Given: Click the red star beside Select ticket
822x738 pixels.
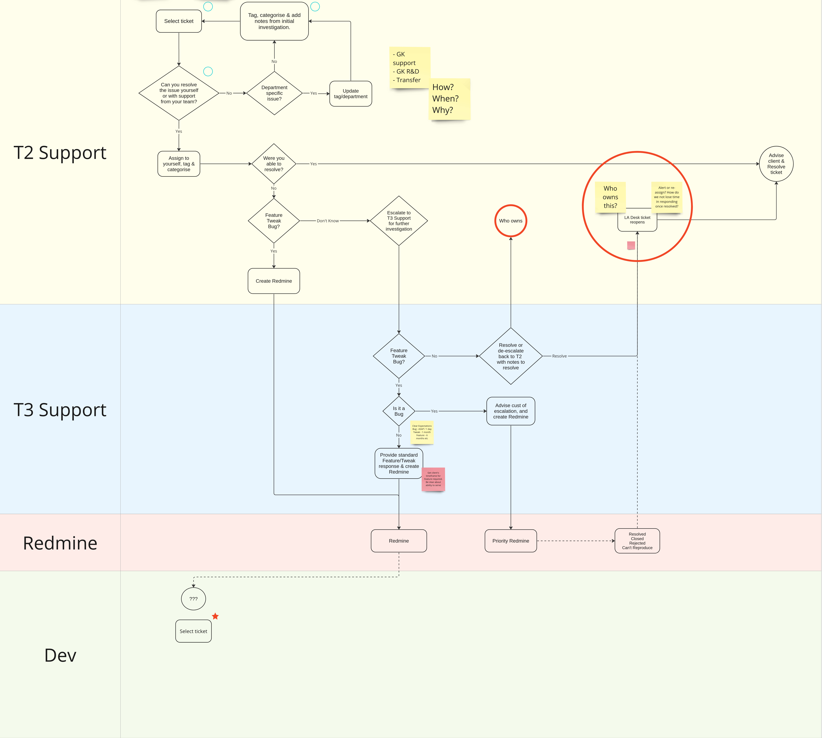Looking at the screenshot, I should tap(215, 616).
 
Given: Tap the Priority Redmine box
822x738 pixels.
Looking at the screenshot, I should tap(511, 541).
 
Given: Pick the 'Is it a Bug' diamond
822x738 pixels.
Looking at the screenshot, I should tap(399, 411).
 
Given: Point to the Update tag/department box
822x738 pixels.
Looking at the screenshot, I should tap(351, 94).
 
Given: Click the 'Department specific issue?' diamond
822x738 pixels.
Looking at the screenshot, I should tap(274, 93).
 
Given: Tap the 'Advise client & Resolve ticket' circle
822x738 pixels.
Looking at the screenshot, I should tap(776, 164).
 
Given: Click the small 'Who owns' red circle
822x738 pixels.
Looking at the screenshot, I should tap(511, 221).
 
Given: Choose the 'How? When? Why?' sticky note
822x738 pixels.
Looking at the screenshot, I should tap(449, 99).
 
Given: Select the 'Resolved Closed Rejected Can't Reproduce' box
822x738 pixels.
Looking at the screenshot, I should tap(637, 541).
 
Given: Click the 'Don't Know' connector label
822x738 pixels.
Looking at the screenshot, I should tap(328, 221).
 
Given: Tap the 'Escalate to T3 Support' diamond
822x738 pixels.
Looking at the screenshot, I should tap(399, 221).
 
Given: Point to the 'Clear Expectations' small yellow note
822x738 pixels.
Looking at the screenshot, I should tap(422, 432).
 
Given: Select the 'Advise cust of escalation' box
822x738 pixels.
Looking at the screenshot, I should tap(511, 411).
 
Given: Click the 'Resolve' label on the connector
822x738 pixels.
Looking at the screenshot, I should tap(559, 356).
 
